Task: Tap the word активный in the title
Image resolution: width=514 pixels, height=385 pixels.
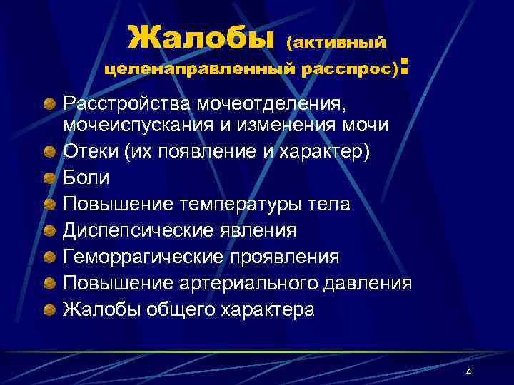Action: (x=340, y=43)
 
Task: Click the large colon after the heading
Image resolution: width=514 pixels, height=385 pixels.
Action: (x=405, y=67)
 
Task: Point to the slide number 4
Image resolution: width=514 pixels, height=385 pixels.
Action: (x=468, y=372)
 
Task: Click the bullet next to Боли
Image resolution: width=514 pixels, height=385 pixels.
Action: (x=49, y=178)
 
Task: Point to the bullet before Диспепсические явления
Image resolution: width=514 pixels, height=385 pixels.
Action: (x=49, y=230)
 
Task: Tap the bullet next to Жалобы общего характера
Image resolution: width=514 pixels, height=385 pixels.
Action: (x=49, y=309)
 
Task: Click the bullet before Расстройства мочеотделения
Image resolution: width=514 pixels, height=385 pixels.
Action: (x=49, y=105)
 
